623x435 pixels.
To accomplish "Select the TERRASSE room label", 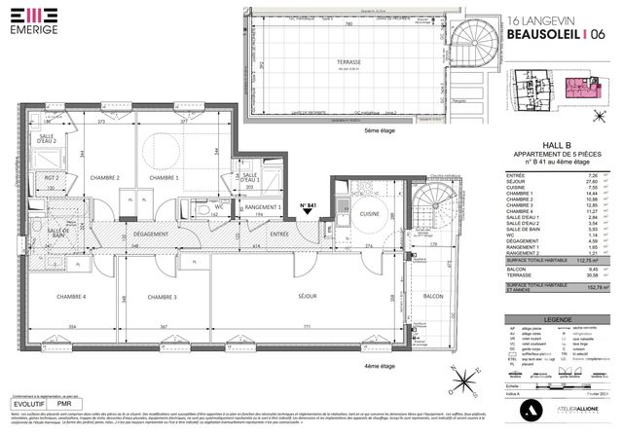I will [x=348, y=61].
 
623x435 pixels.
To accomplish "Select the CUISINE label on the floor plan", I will [x=369, y=212].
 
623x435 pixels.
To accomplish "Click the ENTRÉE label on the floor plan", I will [x=279, y=234].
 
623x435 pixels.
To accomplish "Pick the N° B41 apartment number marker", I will [x=310, y=205].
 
